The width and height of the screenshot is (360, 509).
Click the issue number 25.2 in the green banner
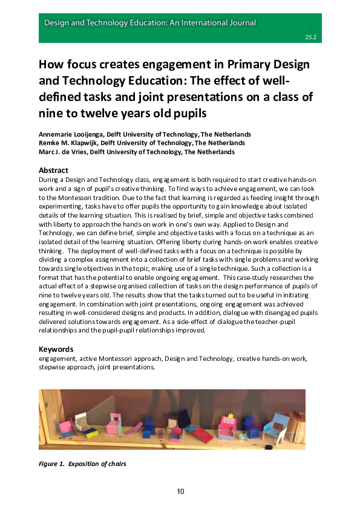tap(312, 37)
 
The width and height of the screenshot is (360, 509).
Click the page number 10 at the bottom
tap(180, 491)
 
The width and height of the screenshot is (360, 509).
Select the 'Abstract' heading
tap(53, 170)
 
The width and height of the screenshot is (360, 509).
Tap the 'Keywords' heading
tap(56, 349)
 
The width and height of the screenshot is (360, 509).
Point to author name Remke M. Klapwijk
tap(68, 143)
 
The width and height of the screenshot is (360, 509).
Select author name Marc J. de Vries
tap(66, 152)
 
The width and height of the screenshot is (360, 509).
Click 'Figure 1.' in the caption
tap(51, 464)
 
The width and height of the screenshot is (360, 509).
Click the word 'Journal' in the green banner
tap(240, 23)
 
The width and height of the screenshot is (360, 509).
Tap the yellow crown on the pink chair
tap(231, 416)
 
